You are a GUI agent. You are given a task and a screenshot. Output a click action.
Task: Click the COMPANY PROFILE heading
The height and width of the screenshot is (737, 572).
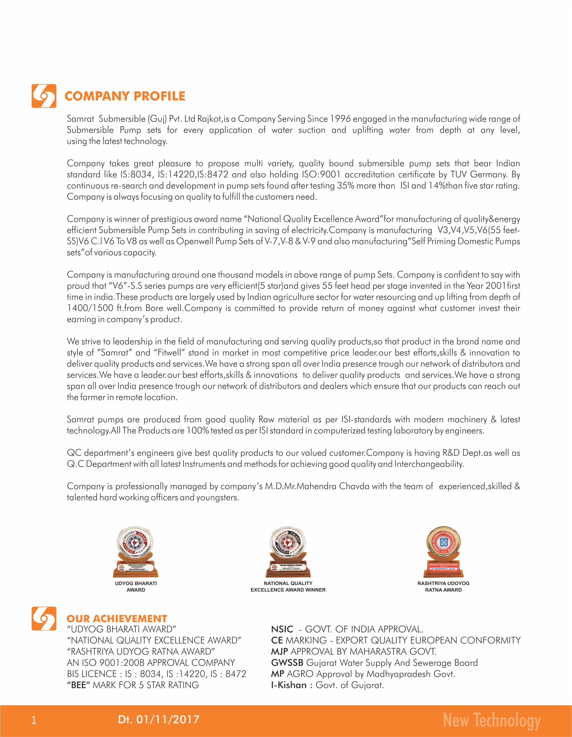(x=125, y=96)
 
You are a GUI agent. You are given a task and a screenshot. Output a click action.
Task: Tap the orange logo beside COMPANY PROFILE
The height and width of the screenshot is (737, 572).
(x=44, y=96)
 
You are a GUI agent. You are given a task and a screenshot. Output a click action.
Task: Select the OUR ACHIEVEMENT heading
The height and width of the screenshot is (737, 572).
(x=117, y=619)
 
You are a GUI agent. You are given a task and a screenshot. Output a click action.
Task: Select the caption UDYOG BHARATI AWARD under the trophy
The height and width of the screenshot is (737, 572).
(x=136, y=587)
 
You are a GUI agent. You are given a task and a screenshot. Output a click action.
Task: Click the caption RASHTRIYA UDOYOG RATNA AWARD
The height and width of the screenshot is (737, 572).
(x=443, y=587)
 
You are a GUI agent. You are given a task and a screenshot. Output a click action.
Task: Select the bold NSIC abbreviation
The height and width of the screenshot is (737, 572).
(x=282, y=629)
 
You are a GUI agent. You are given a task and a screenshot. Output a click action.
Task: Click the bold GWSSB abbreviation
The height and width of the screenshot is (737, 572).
(x=287, y=663)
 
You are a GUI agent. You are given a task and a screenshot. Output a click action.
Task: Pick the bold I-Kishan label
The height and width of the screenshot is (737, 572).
(x=289, y=685)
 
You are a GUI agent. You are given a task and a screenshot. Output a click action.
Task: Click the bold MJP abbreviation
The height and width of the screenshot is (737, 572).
(x=280, y=652)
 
